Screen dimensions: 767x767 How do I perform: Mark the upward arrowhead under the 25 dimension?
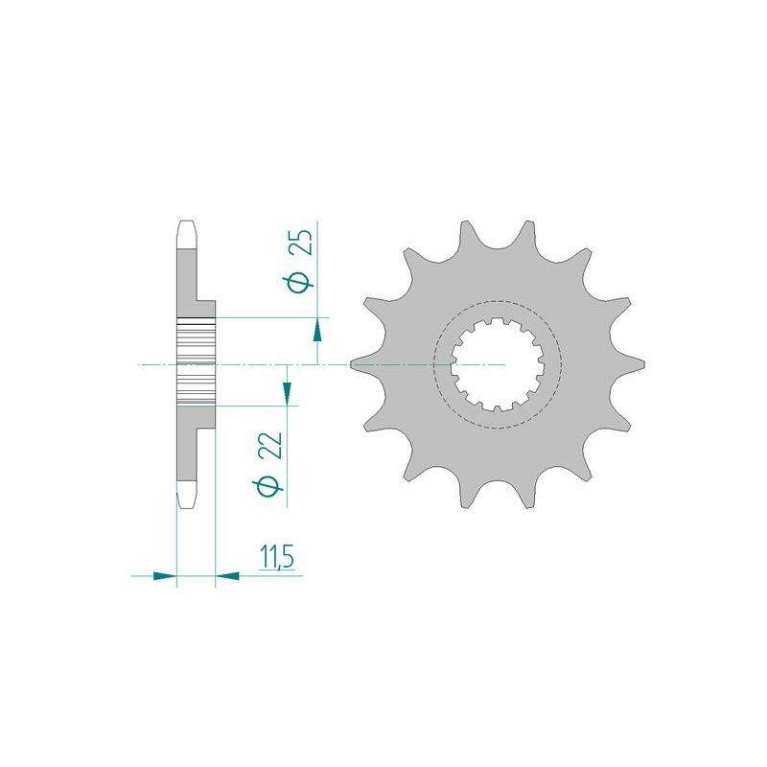pos(317,331)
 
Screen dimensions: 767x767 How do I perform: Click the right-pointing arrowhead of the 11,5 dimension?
pos(165,575)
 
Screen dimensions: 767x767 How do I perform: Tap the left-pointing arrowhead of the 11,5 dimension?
pos(228,575)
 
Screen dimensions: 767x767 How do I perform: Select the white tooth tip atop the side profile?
pos(187,233)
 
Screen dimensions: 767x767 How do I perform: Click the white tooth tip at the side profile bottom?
pos(187,496)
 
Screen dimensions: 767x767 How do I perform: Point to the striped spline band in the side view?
pos(197,365)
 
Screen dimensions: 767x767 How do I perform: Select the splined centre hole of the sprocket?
pos(498,365)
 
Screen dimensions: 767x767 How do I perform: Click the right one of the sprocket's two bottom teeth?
pos(526,498)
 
